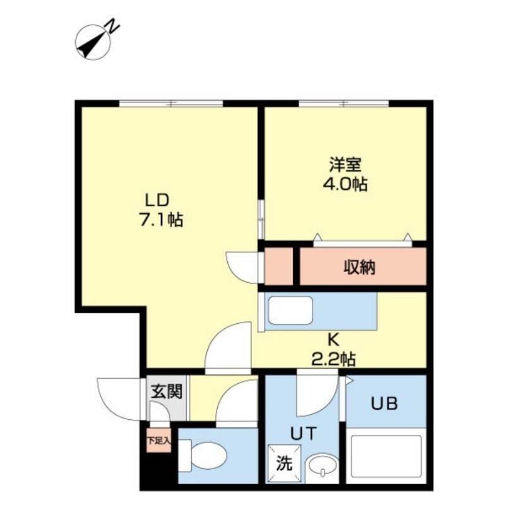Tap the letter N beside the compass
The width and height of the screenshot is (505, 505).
112,27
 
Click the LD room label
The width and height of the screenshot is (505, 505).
157,201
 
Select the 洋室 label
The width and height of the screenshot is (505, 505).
344,165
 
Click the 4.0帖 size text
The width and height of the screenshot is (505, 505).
344,184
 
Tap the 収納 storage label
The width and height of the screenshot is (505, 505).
359,268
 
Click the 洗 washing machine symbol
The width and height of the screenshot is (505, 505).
284,463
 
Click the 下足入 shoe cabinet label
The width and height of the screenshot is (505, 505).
158,440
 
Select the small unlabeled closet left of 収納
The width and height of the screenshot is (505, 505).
278,268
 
